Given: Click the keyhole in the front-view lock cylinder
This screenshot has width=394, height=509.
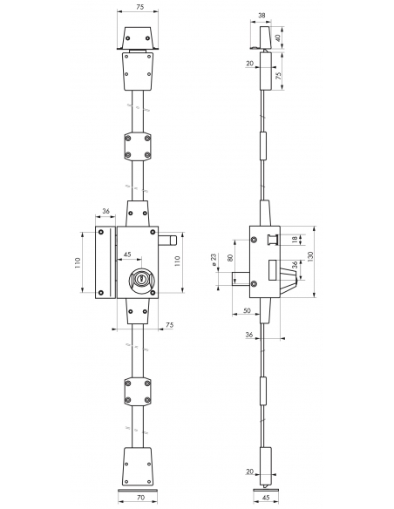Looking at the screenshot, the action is click(142, 279).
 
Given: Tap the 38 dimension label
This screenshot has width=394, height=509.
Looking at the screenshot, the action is click(262, 15).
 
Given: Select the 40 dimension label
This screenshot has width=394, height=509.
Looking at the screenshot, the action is click(277, 37).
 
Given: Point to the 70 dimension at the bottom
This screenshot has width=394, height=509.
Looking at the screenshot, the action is click(140, 498).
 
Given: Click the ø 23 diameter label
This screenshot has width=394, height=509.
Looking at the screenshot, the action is click(214, 260).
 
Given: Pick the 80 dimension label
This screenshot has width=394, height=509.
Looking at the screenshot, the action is click(230, 258).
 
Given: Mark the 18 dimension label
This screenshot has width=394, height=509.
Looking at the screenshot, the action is click(295, 240).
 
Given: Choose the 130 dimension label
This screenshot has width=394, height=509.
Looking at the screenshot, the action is click(310, 256).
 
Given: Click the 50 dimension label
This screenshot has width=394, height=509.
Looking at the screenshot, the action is click(247, 310).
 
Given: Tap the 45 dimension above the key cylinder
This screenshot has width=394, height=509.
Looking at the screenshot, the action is click(127, 254).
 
